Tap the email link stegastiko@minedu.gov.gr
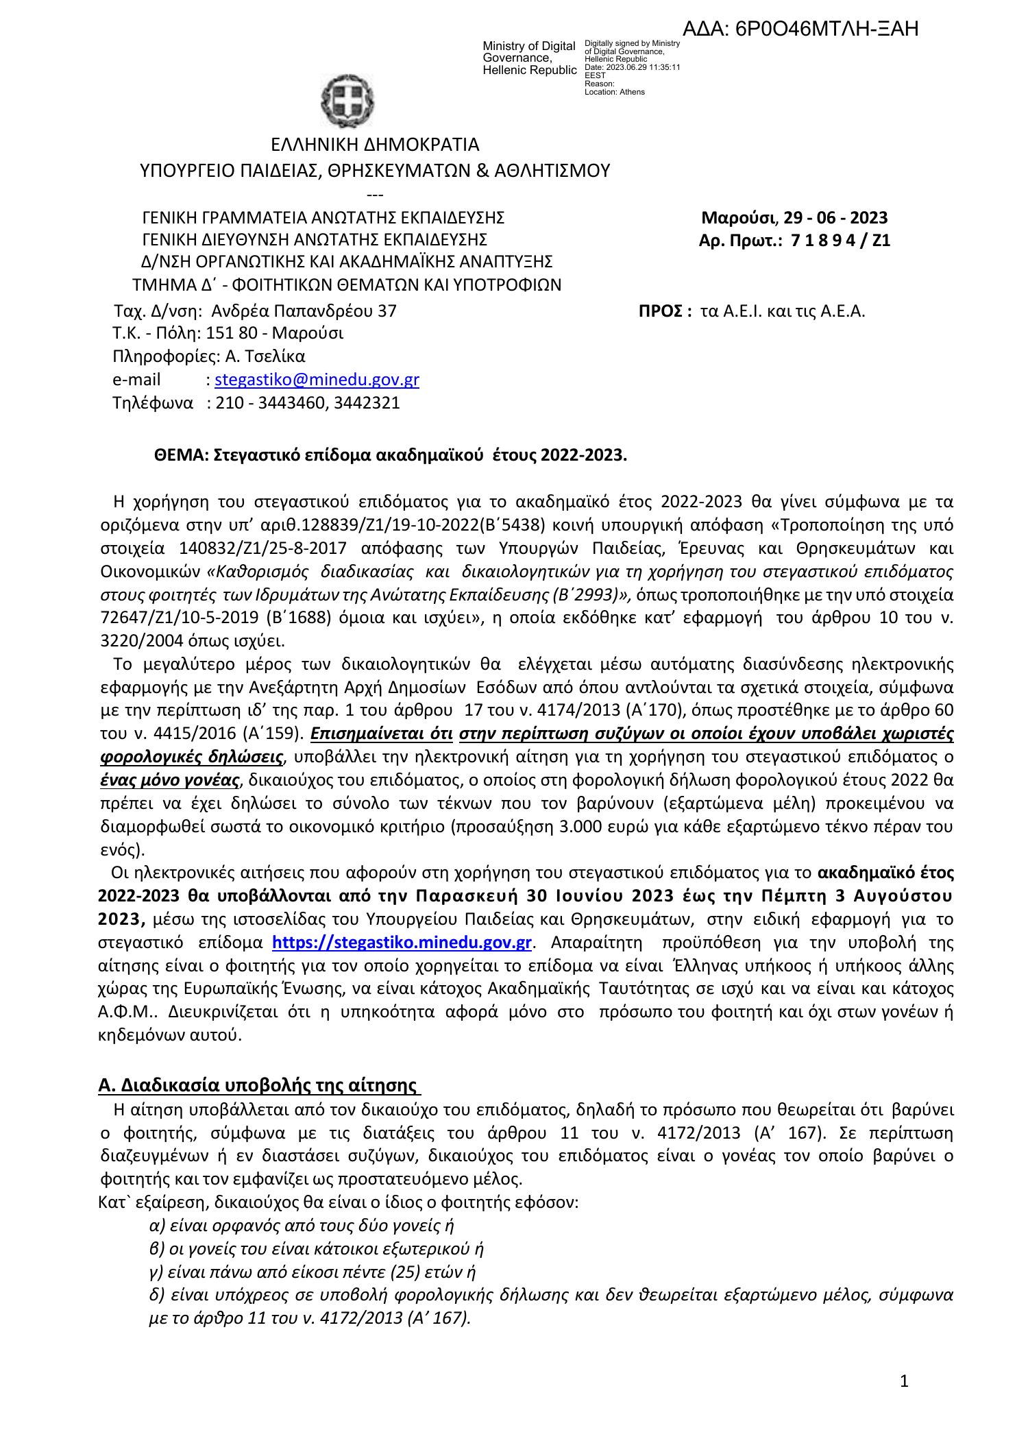[317, 380]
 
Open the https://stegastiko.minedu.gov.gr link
[402, 943]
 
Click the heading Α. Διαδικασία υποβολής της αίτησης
[259, 1085]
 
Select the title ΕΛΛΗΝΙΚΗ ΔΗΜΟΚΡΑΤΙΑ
[375, 145]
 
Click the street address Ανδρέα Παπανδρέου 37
[304, 311]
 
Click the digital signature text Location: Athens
[614, 92]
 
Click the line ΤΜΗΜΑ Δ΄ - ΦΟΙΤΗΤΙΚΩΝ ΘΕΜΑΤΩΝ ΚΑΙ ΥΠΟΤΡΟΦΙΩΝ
[347, 284]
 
